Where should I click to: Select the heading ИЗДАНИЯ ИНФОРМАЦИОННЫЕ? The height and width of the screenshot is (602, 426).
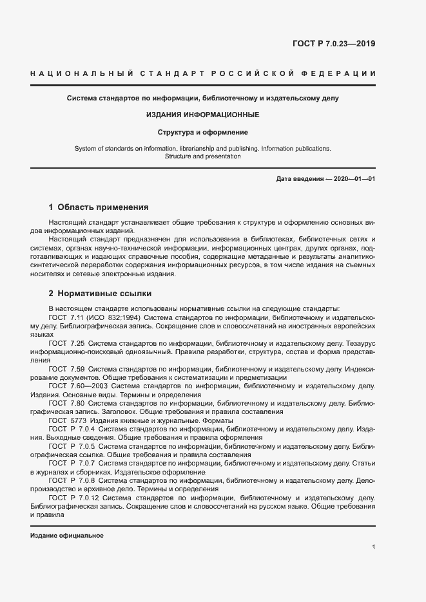(x=203, y=115)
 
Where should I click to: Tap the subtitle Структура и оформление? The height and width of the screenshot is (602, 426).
(x=203, y=132)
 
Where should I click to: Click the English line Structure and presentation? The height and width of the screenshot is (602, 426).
(x=203, y=156)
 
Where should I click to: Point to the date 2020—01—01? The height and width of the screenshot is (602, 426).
(x=353, y=178)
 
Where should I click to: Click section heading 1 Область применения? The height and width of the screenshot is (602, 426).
(x=99, y=207)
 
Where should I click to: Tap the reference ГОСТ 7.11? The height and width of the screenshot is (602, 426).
(x=68, y=317)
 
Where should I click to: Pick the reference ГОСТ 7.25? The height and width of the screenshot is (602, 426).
(x=68, y=344)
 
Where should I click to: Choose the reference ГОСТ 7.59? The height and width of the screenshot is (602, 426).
(x=68, y=369)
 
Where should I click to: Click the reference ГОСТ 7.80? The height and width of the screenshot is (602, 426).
(x=68, y=403)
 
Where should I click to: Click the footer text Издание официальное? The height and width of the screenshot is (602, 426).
(x=66, y=536)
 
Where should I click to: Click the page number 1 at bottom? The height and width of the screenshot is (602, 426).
(x=373, y=547)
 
